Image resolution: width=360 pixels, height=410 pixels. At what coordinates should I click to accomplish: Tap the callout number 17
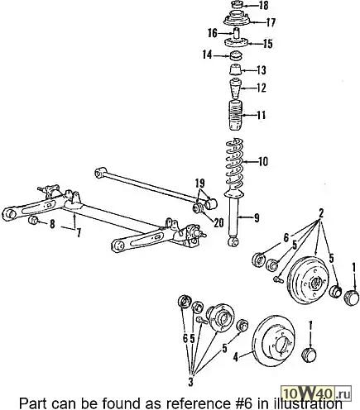[270, 22]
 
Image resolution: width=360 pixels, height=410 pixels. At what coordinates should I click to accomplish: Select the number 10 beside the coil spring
[262, 161]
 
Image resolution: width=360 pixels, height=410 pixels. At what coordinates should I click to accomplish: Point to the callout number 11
[262, 115]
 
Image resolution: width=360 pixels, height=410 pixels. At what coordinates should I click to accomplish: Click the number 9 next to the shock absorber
[257, 218]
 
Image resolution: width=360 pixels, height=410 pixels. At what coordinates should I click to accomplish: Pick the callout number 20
[218, 222]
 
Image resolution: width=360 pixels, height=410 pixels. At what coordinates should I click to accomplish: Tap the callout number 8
[52, 224]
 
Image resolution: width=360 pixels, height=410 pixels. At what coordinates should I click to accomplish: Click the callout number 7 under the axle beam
[79, 234]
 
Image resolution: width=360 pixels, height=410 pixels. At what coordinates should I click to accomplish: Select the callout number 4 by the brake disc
[235, 357]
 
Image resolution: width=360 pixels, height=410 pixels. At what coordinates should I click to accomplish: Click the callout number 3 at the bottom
[190, 382]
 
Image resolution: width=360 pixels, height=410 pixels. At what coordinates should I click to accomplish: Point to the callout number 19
[200, 183]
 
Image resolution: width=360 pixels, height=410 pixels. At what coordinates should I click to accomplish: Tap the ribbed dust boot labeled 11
[236, 116]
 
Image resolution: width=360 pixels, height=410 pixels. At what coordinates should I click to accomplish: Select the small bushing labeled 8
[33, 221]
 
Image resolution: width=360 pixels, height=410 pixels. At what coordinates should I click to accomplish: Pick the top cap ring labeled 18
[237, 5]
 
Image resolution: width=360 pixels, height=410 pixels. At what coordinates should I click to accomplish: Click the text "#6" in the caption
[242, 404]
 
